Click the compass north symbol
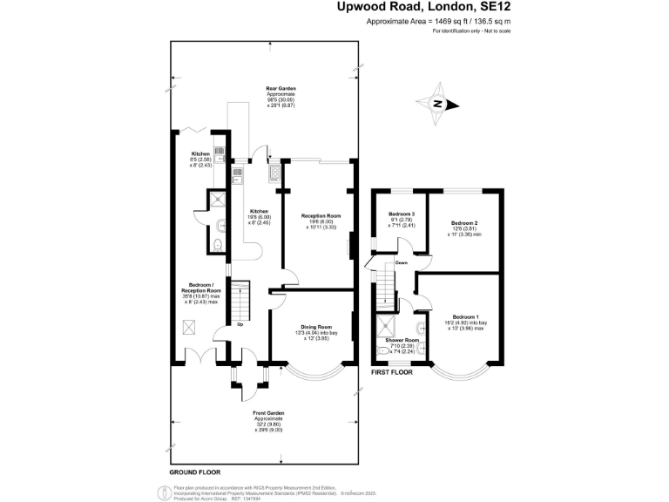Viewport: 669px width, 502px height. pyautogui.click(x=440, y=105)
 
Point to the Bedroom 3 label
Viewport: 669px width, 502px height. pyautogui.click(x=402, y=214)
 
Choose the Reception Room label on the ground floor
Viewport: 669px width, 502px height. pyautogui.click(x=321, y=215)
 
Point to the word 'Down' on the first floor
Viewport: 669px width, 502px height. pyautogui.click(x=401, y=262)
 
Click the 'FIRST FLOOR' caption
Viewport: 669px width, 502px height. pyautogui.click(x=391, y=372)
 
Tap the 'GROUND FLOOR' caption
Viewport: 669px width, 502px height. pyautogui.click(x=194, y=471)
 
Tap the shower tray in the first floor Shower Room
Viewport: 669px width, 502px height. pyautogui.click(x=384, y=327)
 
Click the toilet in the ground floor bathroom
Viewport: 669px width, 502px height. pyautogui.click(x=219, y=235)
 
